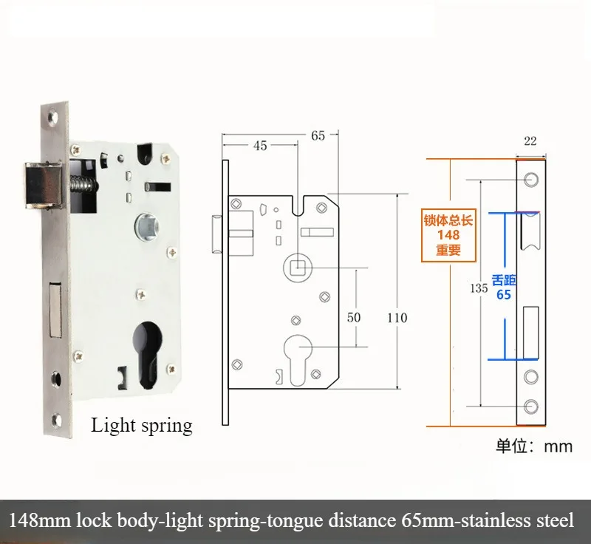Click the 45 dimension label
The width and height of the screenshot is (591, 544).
tap(260, 146)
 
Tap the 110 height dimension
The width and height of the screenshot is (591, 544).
tap(397, 318)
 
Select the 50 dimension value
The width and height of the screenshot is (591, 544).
tap(354, 317)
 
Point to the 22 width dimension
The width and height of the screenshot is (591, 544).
tap(530, 141)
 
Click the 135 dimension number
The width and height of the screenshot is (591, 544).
tap(479, 288)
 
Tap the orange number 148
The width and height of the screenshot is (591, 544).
tap(448, 235)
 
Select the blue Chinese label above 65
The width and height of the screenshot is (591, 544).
tap(504, 280)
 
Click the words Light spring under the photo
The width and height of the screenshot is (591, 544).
tap(142, 426)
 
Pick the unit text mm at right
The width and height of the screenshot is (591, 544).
tap(558, 446)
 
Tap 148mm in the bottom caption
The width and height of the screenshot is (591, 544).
tap(40, 520)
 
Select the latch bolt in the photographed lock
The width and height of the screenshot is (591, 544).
tap(42, 185)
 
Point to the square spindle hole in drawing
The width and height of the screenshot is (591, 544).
tap(298, 268)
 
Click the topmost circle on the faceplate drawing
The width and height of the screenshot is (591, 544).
tap(531, 180)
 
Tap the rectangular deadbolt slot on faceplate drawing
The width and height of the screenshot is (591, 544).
tap(530, 333)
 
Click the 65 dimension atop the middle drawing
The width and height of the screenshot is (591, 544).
tap(318, 135)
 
